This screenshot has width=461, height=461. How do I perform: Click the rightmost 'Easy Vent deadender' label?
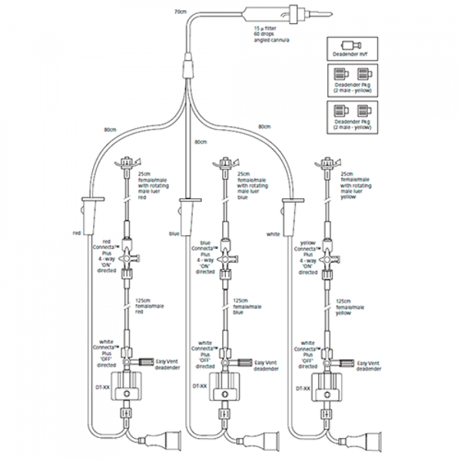368,366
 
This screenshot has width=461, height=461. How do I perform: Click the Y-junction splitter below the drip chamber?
189,69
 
